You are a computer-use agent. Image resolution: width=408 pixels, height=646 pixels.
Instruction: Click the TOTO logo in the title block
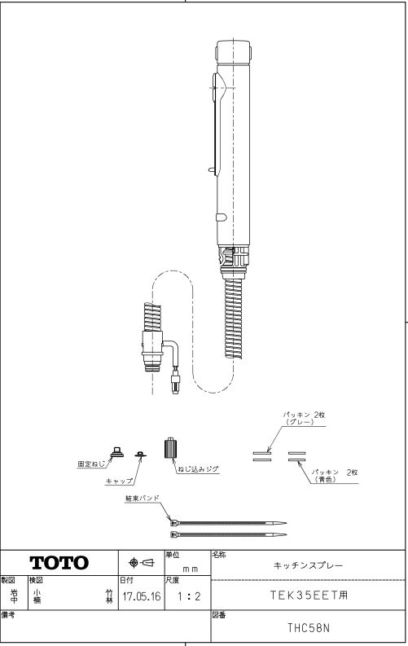(59, 563)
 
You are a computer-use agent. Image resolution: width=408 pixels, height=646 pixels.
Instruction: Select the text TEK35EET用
(309, 595)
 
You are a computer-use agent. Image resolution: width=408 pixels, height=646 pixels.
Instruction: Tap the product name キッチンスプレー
(308, 565)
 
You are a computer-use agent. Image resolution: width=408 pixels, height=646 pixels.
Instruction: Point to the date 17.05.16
(142, 596)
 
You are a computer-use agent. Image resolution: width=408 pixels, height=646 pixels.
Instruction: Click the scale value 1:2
(189, 596)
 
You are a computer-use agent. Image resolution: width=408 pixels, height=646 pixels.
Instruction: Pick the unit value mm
(191, 569)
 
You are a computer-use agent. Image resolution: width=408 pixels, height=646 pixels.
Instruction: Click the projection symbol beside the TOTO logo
(142, 562)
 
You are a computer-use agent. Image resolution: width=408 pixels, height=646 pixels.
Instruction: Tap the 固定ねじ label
(91, 464)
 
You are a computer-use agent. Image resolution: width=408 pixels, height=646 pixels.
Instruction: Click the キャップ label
(120, 481)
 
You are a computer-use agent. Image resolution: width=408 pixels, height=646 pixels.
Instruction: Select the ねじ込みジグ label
(198, 469)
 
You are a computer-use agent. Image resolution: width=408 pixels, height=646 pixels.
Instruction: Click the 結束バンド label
(143, 498)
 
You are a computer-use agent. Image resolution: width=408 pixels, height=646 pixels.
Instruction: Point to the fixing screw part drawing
(117, 452)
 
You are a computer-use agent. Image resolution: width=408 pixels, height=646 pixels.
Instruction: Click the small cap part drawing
(141, 454)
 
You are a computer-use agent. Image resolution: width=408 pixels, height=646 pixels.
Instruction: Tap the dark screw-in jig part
(170, 448)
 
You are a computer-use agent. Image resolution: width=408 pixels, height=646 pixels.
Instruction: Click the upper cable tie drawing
(228, 523)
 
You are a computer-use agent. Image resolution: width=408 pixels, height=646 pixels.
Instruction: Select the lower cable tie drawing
(228, 534)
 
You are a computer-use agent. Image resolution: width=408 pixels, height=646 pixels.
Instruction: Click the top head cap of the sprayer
(233, 52)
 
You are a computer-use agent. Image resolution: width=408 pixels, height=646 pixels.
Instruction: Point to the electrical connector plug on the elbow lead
(175, 382)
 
